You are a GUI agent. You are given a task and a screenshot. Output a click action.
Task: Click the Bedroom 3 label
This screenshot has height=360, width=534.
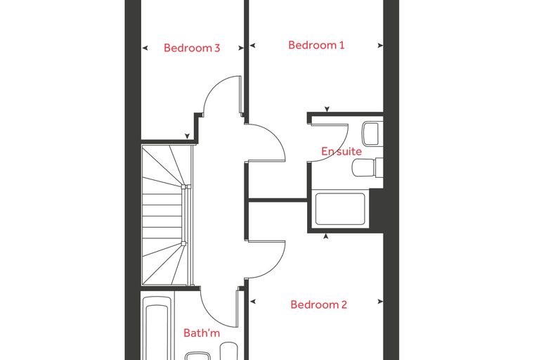click(192, 48)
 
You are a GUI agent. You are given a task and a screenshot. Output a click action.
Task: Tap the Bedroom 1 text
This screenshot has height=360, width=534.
click(316, 45)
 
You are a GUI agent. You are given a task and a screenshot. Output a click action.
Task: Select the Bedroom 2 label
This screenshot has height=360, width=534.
click(319, 304)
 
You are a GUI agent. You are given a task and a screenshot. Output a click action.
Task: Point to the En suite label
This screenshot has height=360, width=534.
click(341, 151)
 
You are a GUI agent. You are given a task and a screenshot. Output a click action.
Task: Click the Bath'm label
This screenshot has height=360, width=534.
click(202, 333)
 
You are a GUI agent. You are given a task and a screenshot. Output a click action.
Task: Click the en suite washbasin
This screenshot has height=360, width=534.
click(370, 134)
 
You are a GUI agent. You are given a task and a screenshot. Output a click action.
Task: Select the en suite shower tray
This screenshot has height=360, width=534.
click(340, 209)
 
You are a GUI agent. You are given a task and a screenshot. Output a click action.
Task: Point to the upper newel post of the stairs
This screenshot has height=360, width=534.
click(184, 186)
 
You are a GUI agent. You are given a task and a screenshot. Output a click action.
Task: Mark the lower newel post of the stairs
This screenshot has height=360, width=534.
click(184, 243)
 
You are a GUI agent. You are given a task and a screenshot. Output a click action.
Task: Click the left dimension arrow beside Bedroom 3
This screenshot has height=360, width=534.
click(145, 48)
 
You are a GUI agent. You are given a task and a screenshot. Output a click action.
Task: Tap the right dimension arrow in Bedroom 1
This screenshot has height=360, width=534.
click(380, 45)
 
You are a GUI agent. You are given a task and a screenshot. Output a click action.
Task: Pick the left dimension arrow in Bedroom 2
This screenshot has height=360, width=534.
click(253, 302)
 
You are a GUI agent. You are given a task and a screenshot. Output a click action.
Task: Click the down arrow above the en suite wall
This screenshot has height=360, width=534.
click(327, 109)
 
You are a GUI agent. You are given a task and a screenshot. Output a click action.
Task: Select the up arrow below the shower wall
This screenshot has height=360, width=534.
click(326, 236)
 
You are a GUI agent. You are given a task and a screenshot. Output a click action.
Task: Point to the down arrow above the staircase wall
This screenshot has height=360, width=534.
click(187, 136)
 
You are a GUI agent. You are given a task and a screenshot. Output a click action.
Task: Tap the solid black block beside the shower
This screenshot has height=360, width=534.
click(377, 209)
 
